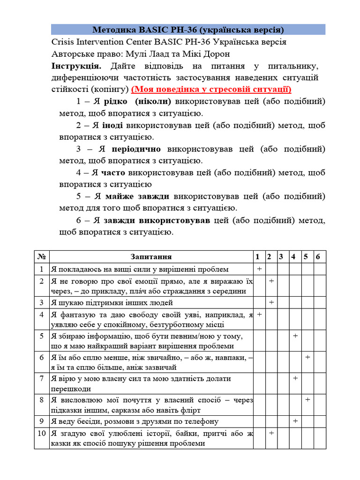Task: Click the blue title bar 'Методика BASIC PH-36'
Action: click(188, 30)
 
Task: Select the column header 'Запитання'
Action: click(151, 257)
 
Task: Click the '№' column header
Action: click(42, 257)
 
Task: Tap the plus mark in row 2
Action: click(271, 281)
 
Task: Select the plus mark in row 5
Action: click(295, 336)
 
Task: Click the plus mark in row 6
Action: click(307, 357)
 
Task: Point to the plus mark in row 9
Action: click(295, 421)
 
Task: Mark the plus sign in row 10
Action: click(271, 433)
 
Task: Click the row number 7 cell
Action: click(42, 378)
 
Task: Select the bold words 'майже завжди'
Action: click(137, 196)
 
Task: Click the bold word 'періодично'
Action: click(136, 149)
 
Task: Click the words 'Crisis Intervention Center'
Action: click(102, 42)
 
